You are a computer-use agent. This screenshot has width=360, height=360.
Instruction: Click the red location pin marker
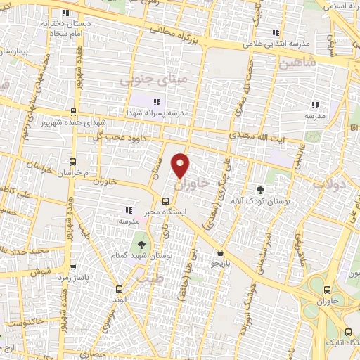click(181, 165)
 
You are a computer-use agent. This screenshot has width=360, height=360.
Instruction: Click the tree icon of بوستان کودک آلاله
click(262, 189)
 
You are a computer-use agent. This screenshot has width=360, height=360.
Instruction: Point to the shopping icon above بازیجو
click(221, 252)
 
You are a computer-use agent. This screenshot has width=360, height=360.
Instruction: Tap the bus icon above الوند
click(120, 289)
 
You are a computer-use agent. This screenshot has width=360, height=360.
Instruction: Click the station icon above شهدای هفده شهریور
click(74, 112)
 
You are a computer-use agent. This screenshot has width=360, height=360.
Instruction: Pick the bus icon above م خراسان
click(72, 162)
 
